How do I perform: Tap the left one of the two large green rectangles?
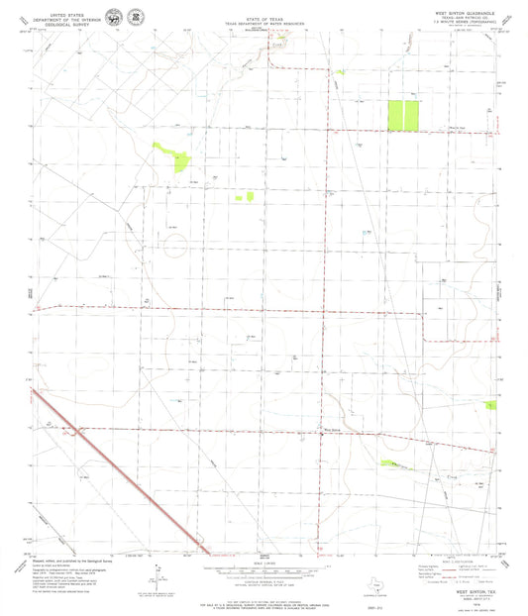coord(394,115)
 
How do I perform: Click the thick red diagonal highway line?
coord(119,470)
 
